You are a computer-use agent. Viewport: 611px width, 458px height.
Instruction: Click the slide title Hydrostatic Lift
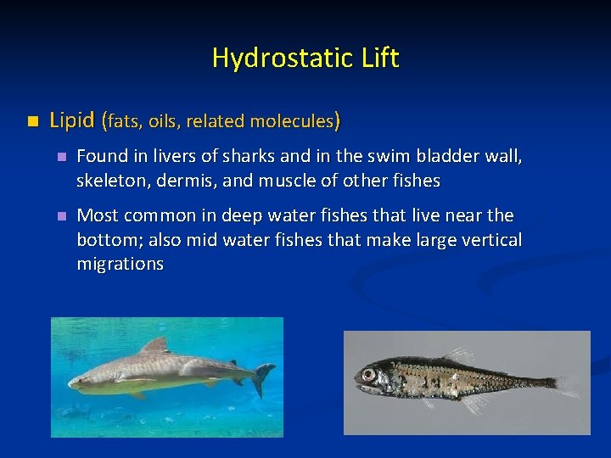[305, 59]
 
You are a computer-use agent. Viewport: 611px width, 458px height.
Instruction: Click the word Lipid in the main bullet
[72, 120]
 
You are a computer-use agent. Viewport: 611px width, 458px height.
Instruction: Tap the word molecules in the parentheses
[293, 121]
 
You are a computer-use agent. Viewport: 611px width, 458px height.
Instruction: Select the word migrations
[120, 264]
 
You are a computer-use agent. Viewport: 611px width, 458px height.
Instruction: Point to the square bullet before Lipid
[32, 121]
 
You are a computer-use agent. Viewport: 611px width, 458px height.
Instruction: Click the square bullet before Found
[60, 157]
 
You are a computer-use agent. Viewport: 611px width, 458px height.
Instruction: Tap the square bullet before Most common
[60, 216]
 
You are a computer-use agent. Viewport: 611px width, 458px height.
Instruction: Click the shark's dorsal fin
[154, 346]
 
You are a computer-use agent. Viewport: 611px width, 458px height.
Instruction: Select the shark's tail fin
[264, 377]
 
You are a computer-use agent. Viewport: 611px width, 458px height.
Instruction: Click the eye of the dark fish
[368, 374]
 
